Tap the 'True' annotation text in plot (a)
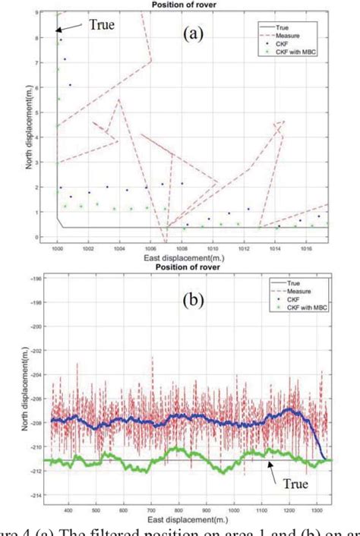(103, 24)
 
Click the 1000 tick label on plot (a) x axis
(57, 247)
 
